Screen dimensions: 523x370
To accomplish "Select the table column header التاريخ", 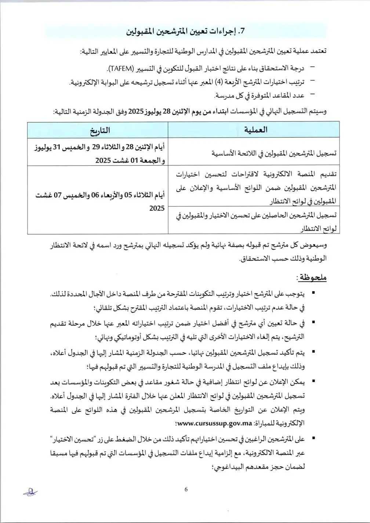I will coord(98,130).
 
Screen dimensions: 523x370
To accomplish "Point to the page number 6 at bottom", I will coord(186,489).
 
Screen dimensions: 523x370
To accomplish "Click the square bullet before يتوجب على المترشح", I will coord(313,294).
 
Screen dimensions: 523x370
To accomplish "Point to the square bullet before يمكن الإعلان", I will coord(313,382).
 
